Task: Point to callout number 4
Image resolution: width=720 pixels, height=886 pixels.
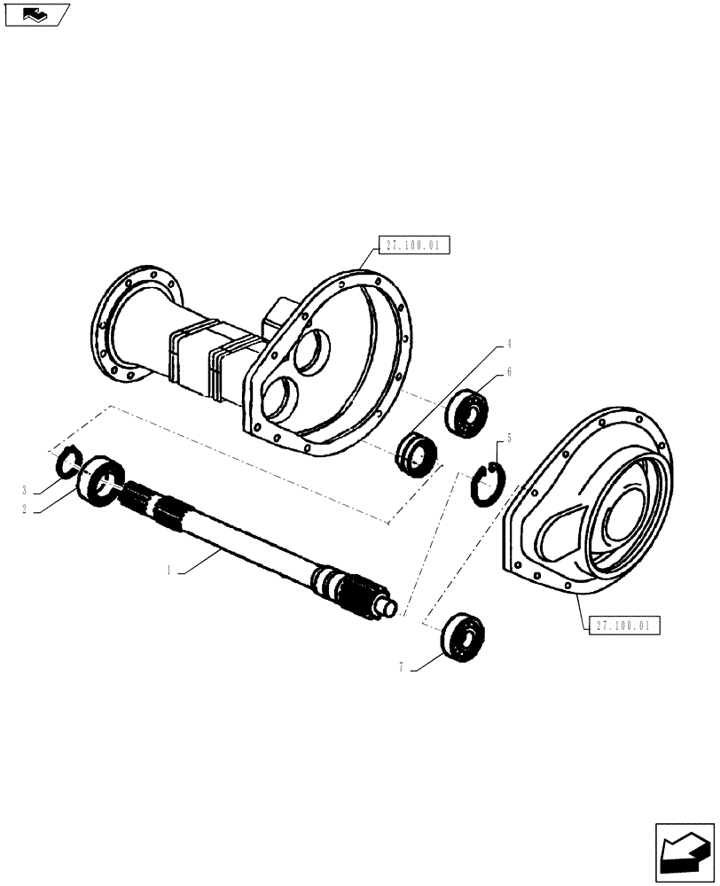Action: coord(509,343)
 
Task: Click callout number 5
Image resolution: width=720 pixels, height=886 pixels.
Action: coord(509,438)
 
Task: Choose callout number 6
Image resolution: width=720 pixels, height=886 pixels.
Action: coord(509,375)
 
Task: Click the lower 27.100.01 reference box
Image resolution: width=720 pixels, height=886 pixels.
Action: coord(623,626)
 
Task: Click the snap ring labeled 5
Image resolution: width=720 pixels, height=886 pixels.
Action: coord(486,484)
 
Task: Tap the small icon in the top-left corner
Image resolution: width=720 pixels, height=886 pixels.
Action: coord(35,14)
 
